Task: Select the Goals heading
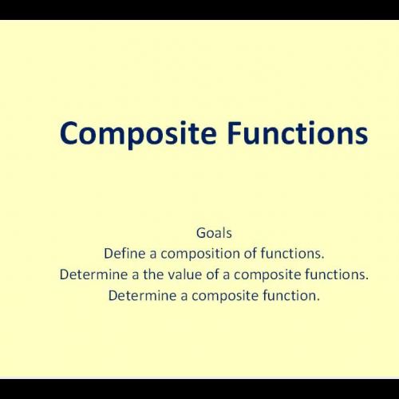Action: [x=214, y=234]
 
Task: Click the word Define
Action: [x=124, y=255]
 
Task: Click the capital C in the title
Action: [x=70, y=132]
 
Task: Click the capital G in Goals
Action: [x=200, y=234]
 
